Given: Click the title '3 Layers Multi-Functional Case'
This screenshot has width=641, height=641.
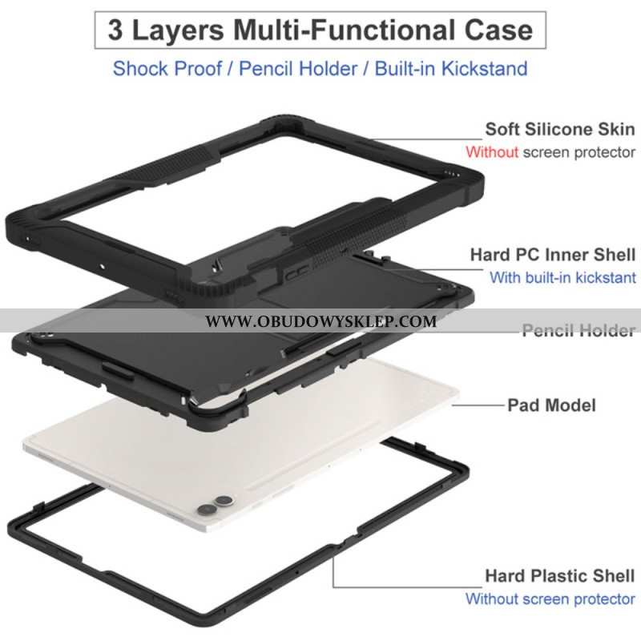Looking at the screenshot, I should point(320,30).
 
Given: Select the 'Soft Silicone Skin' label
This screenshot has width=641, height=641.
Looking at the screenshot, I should point(559,130).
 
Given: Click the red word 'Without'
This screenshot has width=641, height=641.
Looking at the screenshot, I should point(493,151).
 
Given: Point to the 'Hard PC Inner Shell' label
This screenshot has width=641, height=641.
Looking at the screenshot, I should point(553,255).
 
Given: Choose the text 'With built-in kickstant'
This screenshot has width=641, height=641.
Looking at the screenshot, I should point(562,278).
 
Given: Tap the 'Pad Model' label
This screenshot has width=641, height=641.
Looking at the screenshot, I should point(551,405).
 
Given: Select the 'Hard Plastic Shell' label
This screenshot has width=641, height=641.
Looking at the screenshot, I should point(560,576).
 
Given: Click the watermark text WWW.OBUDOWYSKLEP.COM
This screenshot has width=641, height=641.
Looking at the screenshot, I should point(320,322).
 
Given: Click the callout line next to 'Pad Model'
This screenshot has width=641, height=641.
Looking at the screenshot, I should point(477,405).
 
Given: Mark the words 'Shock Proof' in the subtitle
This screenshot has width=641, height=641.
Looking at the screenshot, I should point(171,68).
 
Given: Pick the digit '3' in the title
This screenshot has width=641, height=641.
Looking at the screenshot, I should point(116,30).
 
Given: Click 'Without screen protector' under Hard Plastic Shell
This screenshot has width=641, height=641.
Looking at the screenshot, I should point(550,599).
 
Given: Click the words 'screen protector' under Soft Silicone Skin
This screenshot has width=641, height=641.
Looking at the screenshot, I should point(579,151).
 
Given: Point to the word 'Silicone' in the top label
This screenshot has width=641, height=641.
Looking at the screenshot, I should point(562,130).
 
